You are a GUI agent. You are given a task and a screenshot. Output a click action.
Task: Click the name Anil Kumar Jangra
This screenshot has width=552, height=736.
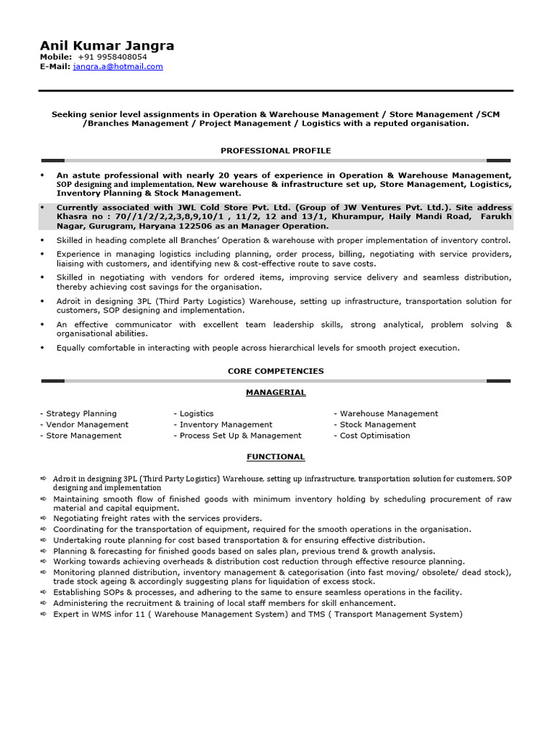107,46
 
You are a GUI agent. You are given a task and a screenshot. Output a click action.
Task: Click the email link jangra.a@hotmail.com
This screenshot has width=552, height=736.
118,66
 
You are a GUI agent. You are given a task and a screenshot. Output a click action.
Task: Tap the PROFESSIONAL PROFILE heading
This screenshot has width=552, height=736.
275,150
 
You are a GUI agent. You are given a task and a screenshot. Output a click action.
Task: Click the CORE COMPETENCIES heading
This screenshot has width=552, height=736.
275,371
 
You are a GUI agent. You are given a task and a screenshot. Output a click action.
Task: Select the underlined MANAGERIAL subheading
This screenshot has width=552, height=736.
275,392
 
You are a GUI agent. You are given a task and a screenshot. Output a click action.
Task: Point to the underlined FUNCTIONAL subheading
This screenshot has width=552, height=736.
275,456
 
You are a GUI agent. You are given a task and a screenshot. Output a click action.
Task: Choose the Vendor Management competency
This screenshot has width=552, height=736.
84,424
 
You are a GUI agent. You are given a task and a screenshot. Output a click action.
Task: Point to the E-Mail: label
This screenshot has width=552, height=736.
55,66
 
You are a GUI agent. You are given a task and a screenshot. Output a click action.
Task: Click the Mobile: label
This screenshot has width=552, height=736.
55,57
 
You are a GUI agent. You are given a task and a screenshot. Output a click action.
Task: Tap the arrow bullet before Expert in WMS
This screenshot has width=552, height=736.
43,614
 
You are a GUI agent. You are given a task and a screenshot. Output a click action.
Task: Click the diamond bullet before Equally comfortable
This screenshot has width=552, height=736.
42,348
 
